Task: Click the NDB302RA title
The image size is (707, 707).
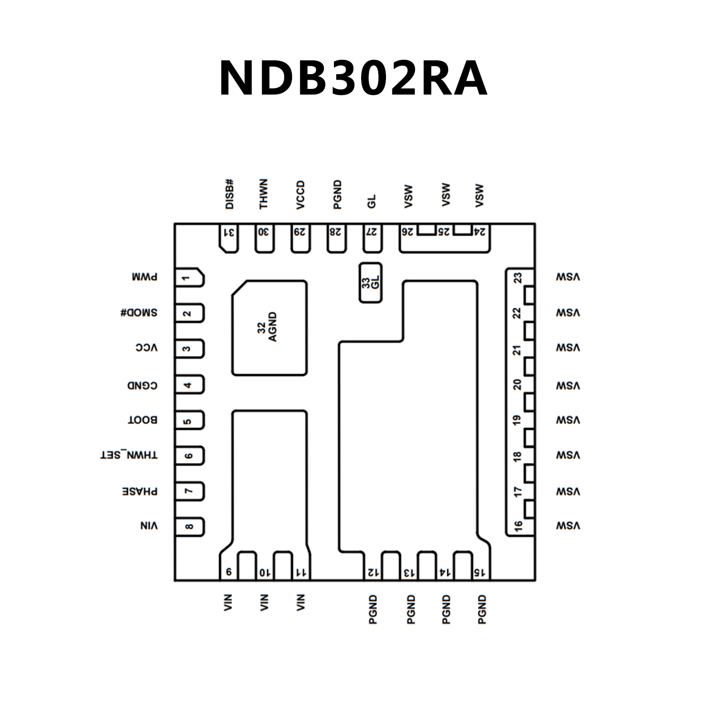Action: [x=353, y=78]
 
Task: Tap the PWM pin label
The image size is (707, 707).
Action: [x=144, y=277]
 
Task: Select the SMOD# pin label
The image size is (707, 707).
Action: [x=139, y=313]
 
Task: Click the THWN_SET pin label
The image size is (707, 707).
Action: [x=129, y=455]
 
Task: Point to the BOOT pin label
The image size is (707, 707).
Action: [x=142, y=420]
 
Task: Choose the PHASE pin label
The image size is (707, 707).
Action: [x=140, y=491]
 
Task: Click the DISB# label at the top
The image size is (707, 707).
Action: [x=230, y=194]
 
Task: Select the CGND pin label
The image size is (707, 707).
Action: [x=142, y=385]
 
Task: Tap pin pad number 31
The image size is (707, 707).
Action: [x=229, y=238]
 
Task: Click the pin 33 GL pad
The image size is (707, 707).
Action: [x=370, y=283]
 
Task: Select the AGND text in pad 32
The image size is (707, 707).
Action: [x=273, y=327]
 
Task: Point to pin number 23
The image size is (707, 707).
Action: [x=518, y=278]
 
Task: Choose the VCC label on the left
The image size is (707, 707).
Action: [x=146, y=348]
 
